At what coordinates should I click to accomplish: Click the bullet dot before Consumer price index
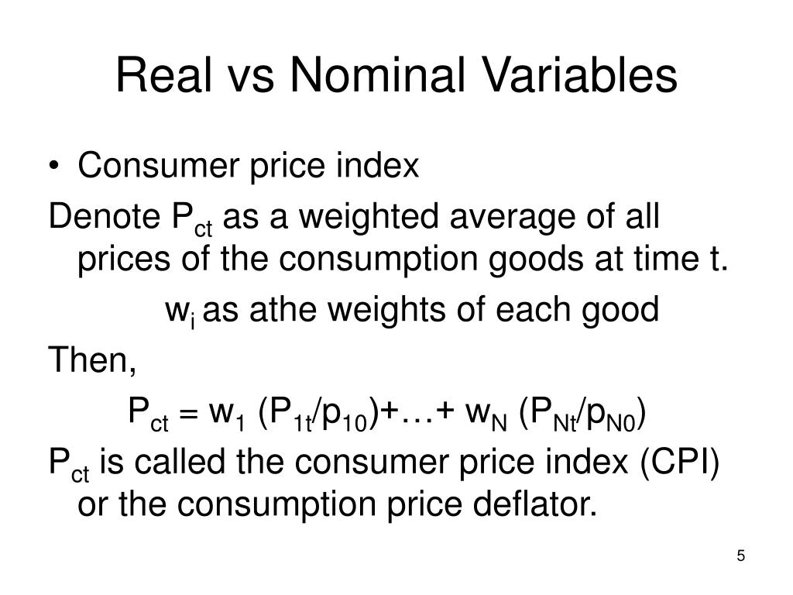[x=61, y=167]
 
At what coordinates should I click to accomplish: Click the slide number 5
[x=740, y=557]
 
